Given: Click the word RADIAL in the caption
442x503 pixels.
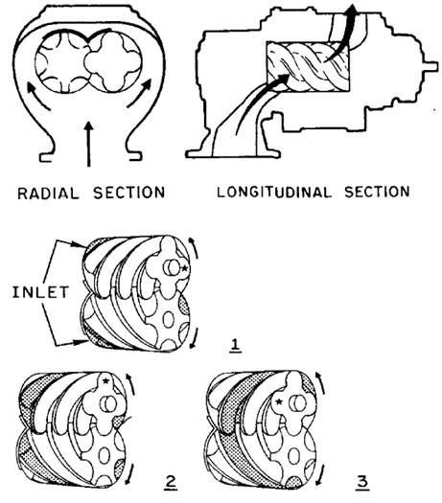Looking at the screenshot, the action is coord(48,194).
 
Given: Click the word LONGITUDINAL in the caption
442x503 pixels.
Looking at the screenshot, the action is coord(273,192).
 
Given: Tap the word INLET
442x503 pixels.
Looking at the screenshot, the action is coord(40,292).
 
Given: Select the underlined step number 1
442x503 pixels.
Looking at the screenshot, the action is coord(236,346).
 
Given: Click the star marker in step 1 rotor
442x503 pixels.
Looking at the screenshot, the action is coord(184,268).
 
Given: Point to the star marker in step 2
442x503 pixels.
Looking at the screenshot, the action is coord(105,380).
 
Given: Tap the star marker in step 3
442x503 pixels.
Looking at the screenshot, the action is coord(279,401).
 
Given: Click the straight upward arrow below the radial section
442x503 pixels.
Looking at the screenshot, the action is coord(89,145).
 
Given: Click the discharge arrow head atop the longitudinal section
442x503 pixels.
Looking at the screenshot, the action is coord(352,11).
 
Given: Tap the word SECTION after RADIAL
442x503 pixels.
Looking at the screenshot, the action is coord(129,193).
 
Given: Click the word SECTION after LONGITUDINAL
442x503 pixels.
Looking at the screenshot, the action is coord(377,192).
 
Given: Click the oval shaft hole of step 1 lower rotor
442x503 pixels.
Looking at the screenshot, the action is coord(169,320).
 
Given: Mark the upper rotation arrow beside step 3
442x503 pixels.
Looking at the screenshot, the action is coord(321,382).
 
